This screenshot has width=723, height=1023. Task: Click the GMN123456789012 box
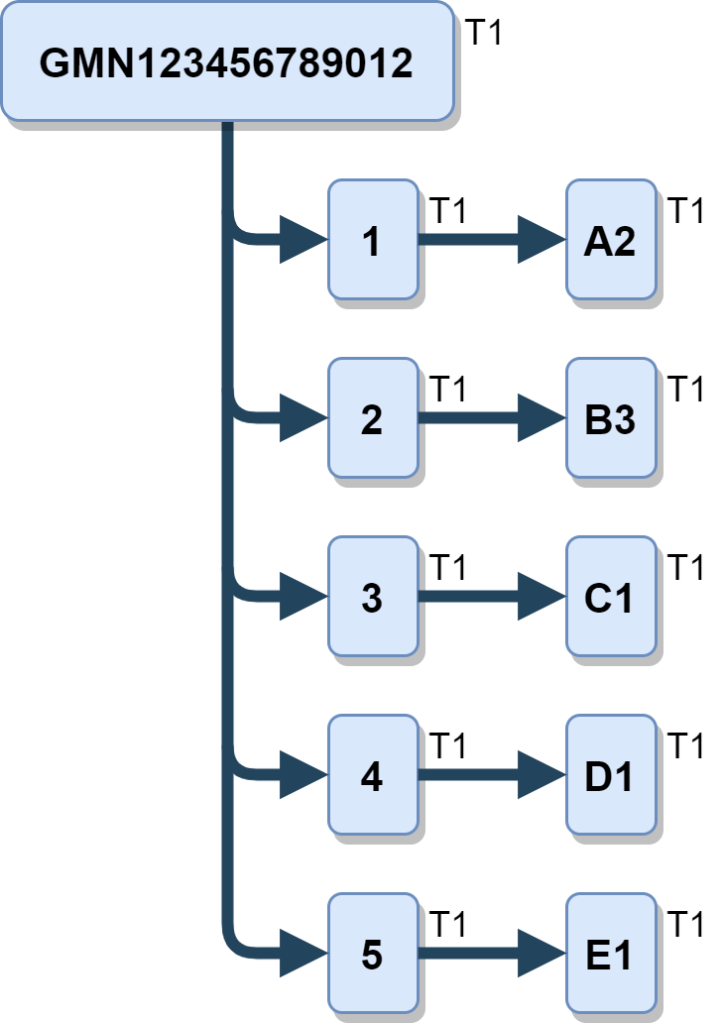pos(227,61)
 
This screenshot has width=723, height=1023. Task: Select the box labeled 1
pos(373,240)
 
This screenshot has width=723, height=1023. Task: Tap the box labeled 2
pos(373,418)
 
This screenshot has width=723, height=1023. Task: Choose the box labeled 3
pos(373,597)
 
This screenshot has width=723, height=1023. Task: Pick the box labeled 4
pos(373,775)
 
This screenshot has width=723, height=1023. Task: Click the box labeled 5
pos(373,954)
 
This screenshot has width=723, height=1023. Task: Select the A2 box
pos(610,240)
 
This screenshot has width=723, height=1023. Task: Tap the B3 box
pos(610,418)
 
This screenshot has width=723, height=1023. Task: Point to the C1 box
pos(610,597)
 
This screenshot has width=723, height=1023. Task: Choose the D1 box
pos(610,775)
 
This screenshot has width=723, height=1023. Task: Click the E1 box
pos(610,954)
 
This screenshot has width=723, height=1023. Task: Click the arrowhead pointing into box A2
pos(541,240)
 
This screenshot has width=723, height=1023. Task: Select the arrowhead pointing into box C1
pos(541,597)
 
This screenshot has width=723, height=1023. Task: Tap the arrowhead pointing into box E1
pos(541,954)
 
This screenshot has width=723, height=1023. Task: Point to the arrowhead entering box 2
pos(302,418)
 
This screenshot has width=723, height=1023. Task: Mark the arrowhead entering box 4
pos(302,775)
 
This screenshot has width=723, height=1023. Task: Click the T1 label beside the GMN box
pos(485,33)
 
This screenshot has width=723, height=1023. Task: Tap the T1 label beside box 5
pos(449,925)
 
